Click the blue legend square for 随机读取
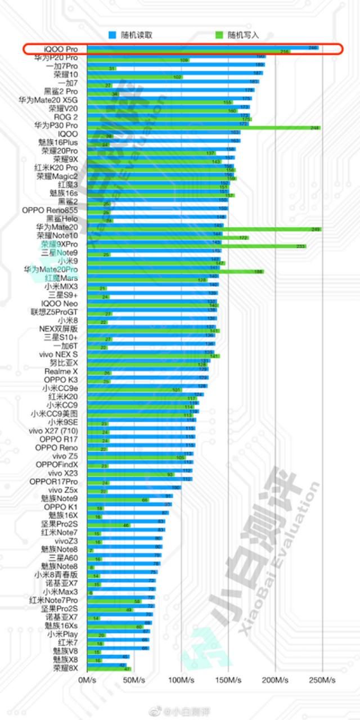click(112, 35)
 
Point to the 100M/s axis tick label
click(181, 681)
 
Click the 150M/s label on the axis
click(228, 681)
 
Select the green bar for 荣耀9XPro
click(197, 246)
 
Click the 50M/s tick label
click(134, 681)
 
